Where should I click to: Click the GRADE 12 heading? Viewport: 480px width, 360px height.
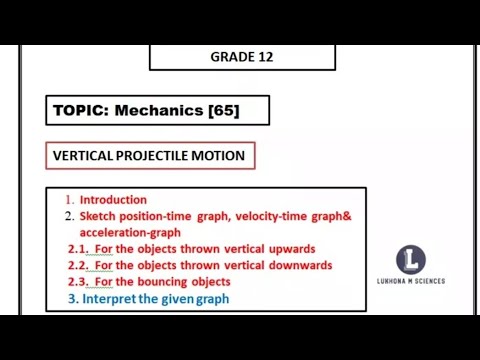[x=241, y=57]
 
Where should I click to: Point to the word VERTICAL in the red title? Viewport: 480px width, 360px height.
[x=88, y=156]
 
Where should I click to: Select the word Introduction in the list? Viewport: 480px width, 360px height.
[x=113, y=199]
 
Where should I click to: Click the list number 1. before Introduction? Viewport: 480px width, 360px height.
[x=69, y=199]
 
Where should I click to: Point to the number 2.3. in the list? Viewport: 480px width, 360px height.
[x=78, y=282]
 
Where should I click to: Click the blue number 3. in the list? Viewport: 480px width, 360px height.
[x=72, y=299]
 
